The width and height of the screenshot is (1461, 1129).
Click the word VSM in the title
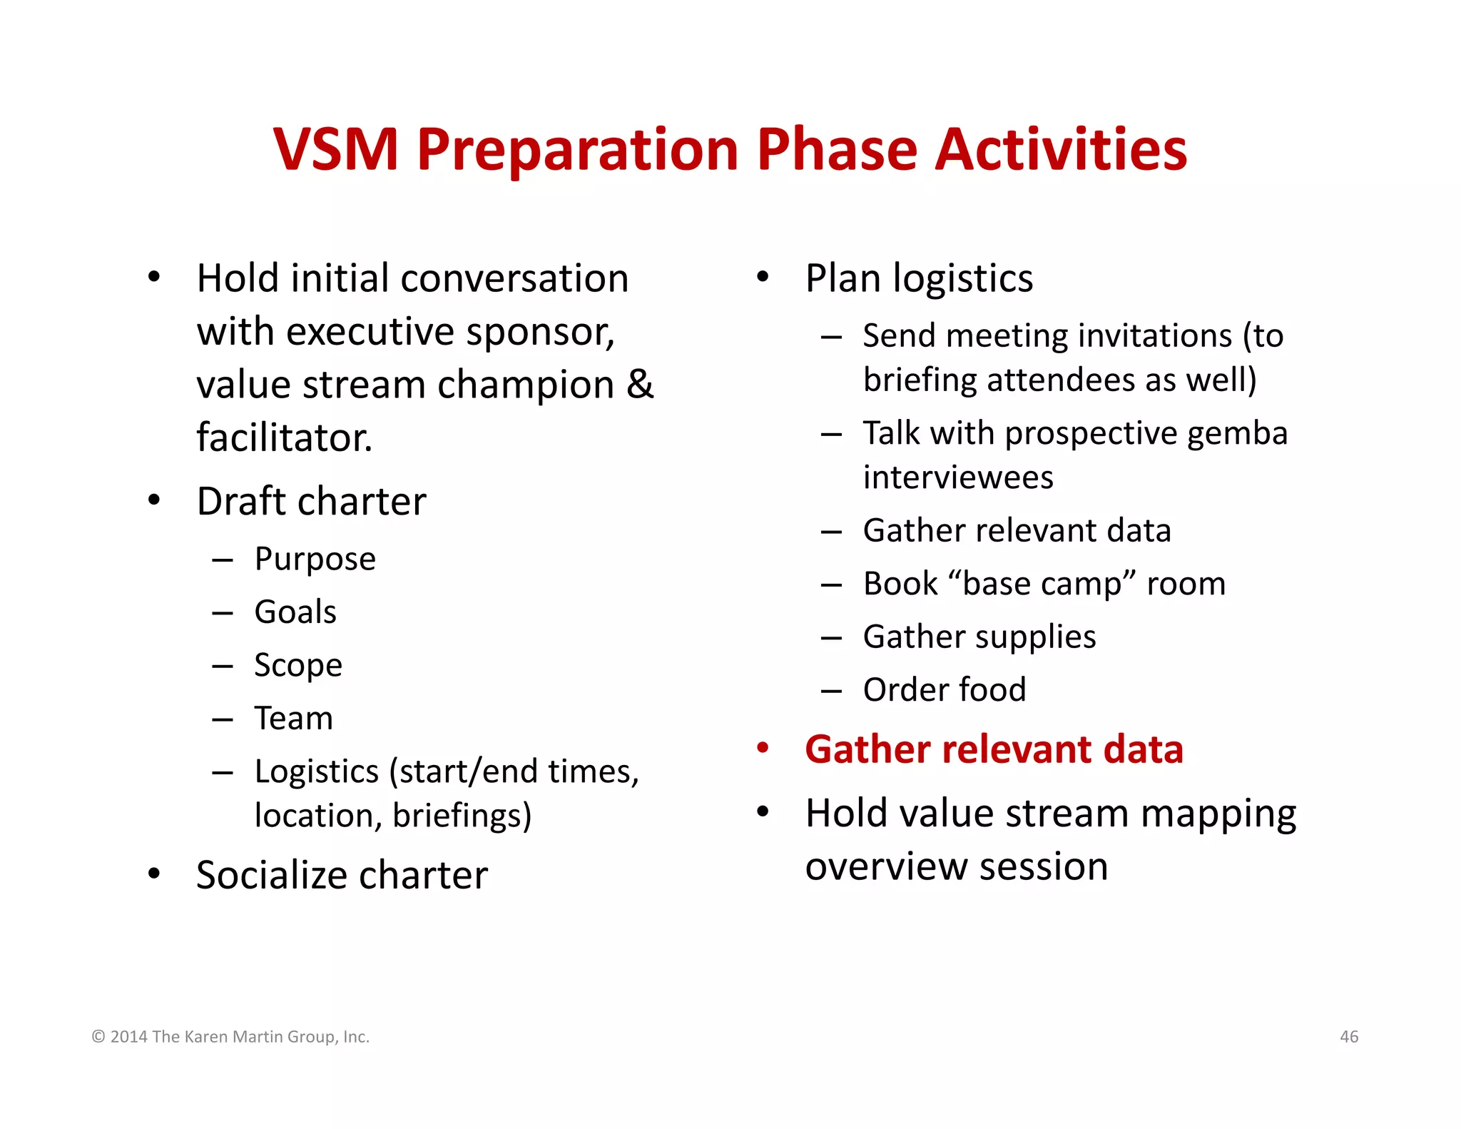[335, 150]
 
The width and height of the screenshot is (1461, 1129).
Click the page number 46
[1349, 1036]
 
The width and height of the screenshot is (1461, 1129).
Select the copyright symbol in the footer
[98, 1037]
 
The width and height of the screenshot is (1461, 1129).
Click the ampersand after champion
[640, 385]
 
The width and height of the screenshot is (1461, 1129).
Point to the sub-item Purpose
[315, 559]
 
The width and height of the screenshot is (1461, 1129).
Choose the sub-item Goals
[295, 612]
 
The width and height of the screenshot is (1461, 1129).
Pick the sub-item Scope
[298, 666]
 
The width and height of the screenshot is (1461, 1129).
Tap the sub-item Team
[293, 719]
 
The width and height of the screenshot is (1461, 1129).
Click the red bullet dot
[763, 749]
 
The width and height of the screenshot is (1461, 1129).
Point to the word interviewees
[957, 477]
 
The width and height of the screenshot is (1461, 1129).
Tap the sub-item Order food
[944, 690]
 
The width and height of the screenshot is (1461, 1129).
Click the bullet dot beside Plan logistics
[763, 277]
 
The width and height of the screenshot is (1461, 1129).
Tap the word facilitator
[284, 437]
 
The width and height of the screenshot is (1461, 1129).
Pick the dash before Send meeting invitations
[831, 336]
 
